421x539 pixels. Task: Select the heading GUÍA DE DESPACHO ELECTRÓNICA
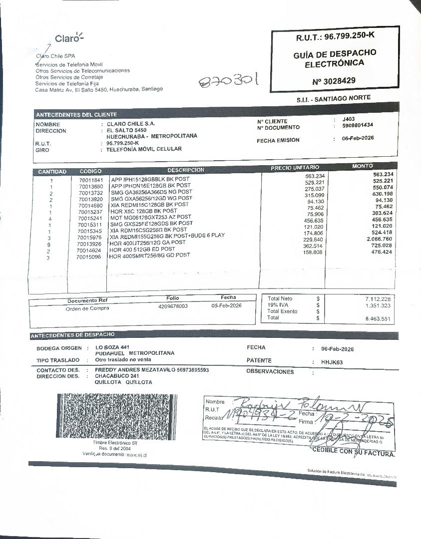click(335, 58)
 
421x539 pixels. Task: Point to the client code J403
click(349, 119)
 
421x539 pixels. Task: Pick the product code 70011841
click(91, 180)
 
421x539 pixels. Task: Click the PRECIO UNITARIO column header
click(295, 168)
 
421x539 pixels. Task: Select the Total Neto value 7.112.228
click(378, 298)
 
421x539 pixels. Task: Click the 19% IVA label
click(278, 304)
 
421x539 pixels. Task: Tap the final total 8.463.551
click(378, 318)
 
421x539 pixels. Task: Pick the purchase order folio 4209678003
click(173, 306)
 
